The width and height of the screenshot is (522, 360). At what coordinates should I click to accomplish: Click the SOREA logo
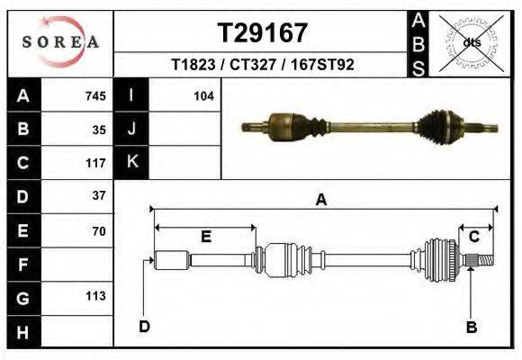[x=60, y=41]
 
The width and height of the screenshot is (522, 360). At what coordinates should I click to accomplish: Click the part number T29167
[x=263, y=33]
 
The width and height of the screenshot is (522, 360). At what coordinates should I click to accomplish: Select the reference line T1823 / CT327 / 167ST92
[x=263, y=65]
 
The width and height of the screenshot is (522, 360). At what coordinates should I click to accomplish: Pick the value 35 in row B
[x=99, y=130]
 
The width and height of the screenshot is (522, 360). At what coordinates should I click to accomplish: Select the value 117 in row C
[x=95, y=164]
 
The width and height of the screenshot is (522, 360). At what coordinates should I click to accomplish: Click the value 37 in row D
[x=99, y=195]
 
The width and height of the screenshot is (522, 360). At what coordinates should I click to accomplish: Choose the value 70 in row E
[x=99, y=231]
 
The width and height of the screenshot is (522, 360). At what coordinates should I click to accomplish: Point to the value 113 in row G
[x=95, y=296]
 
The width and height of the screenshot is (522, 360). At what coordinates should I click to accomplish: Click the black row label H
[x=22, y=332]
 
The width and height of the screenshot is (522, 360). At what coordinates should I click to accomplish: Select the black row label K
[x=132, y=163]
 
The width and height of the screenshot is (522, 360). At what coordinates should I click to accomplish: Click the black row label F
[x=22, y=265]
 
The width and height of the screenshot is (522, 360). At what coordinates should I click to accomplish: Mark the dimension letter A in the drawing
[x=321, y=201]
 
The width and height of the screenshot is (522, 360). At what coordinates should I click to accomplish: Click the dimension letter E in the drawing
[x=205, y=237]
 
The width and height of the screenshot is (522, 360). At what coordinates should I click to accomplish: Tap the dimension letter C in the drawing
[x=472, y=236]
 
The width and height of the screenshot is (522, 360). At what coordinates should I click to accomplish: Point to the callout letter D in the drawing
[x=144, y=326]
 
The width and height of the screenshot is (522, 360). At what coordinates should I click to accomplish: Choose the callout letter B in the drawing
[x=471, y=328]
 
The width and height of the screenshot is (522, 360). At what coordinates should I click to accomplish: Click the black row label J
[x=132, y=130]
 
